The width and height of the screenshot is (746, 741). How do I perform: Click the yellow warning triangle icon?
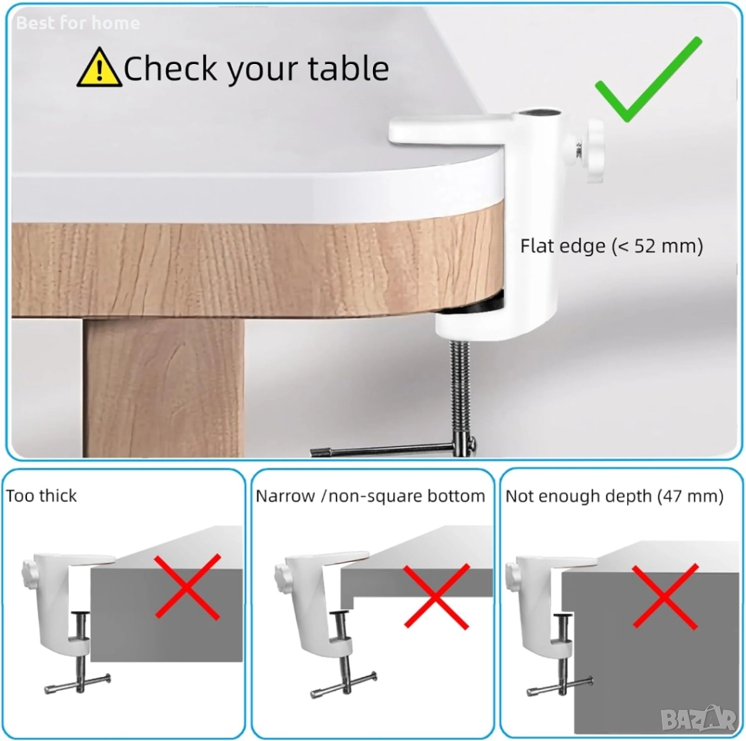point(99,68)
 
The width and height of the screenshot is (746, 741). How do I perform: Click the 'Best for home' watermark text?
point(78,23)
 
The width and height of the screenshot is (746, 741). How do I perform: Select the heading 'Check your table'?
point(256,69)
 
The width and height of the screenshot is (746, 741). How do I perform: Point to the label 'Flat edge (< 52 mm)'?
point(612,246)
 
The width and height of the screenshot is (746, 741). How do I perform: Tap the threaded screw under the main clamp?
point(459,390)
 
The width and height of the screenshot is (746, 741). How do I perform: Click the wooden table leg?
point(164,387)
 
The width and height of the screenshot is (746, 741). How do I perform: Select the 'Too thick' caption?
point(42,496)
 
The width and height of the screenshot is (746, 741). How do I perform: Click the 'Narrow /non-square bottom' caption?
point(370,496)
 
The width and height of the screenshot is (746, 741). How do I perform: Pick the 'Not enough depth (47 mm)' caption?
point(614,496)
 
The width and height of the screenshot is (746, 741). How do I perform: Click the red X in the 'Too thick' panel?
point(188,587)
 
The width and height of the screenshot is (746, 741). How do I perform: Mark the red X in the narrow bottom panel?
point(436,597)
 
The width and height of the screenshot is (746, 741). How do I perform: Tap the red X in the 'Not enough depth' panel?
point(665,597)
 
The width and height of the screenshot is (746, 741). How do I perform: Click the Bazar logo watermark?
point(698,719)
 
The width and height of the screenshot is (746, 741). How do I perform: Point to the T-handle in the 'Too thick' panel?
point(77,683)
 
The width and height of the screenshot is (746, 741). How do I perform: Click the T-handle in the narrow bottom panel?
point(344,685)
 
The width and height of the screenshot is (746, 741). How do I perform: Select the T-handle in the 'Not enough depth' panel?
point(560,687)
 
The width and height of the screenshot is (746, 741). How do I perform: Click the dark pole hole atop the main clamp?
point(539,113)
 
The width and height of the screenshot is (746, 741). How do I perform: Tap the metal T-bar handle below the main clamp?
point(392,449)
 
